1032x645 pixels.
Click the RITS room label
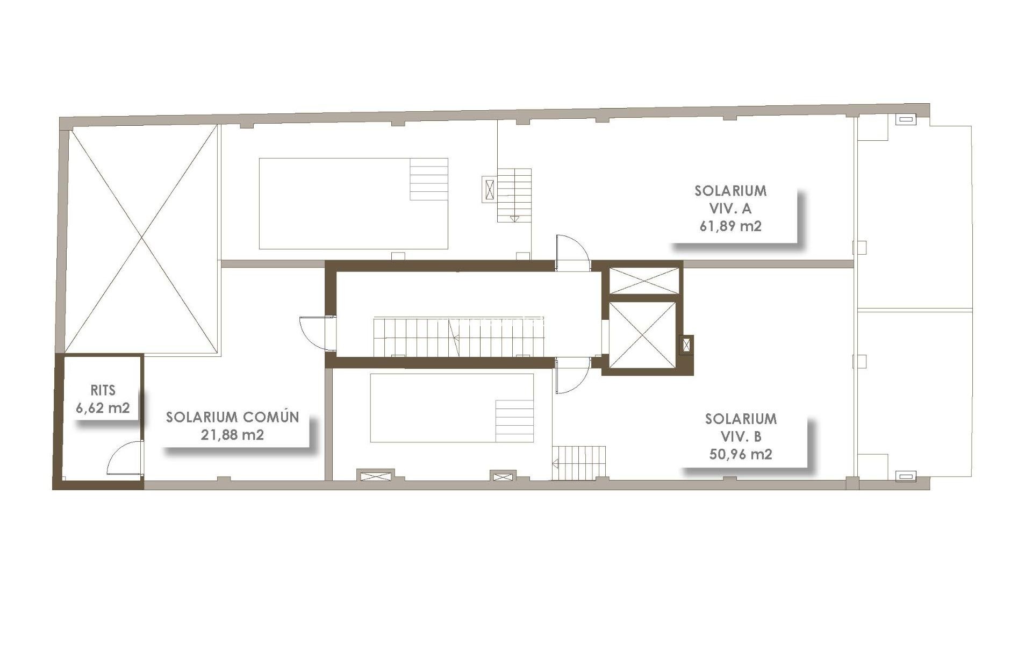click(103, 390)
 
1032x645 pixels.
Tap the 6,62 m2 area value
click(103, 407)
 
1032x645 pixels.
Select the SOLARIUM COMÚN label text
click(232, 417)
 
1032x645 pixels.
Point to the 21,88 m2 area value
click(232, 435)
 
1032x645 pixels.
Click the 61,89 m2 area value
click(730, 226)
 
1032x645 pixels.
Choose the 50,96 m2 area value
click(741, 454)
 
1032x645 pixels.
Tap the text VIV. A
click(730, 209)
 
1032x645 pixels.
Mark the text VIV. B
click(741, 436)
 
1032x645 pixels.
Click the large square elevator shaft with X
click(642, 334)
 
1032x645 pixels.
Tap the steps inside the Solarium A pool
click(429, 179)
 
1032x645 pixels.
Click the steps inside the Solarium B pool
click(514, 421)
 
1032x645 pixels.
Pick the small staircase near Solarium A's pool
click(514, 195)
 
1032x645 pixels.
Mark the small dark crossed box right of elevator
click(687, 345)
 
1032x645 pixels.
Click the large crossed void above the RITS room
click(142, 239)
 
